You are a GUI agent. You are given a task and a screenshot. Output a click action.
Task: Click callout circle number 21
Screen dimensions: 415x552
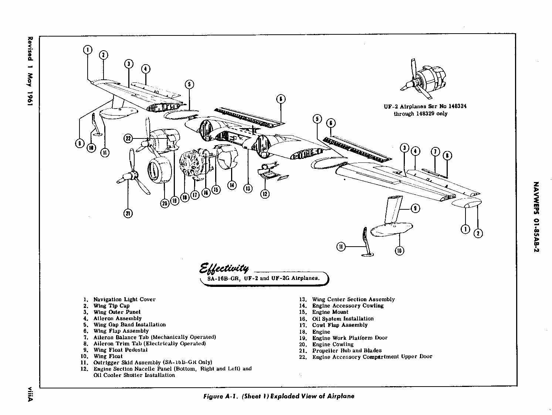128,213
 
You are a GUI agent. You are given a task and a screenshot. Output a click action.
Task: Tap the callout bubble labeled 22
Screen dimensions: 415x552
128,138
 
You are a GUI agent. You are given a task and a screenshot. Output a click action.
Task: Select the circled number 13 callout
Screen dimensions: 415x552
248,188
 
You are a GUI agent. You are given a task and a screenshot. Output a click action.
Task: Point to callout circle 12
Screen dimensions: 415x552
265,193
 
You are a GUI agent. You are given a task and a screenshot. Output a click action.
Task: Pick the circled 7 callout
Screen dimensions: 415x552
436,152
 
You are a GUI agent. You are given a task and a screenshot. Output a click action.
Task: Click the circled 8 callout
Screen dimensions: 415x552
447,155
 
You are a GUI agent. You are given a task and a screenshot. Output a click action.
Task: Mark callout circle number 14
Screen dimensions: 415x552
231,185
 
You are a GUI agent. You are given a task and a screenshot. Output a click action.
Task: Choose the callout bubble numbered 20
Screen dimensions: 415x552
165,203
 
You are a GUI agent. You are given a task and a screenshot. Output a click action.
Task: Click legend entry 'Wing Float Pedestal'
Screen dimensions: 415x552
120,350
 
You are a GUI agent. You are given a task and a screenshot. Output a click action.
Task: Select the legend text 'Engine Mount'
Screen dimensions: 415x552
330,312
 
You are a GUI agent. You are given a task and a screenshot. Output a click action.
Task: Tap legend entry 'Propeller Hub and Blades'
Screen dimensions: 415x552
346,350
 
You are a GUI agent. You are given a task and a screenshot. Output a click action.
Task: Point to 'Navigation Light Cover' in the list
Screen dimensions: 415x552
124,299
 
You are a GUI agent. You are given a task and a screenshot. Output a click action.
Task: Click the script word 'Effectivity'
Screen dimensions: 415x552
224,267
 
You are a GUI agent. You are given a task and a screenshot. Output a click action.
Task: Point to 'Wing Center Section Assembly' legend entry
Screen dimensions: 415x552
353,299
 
